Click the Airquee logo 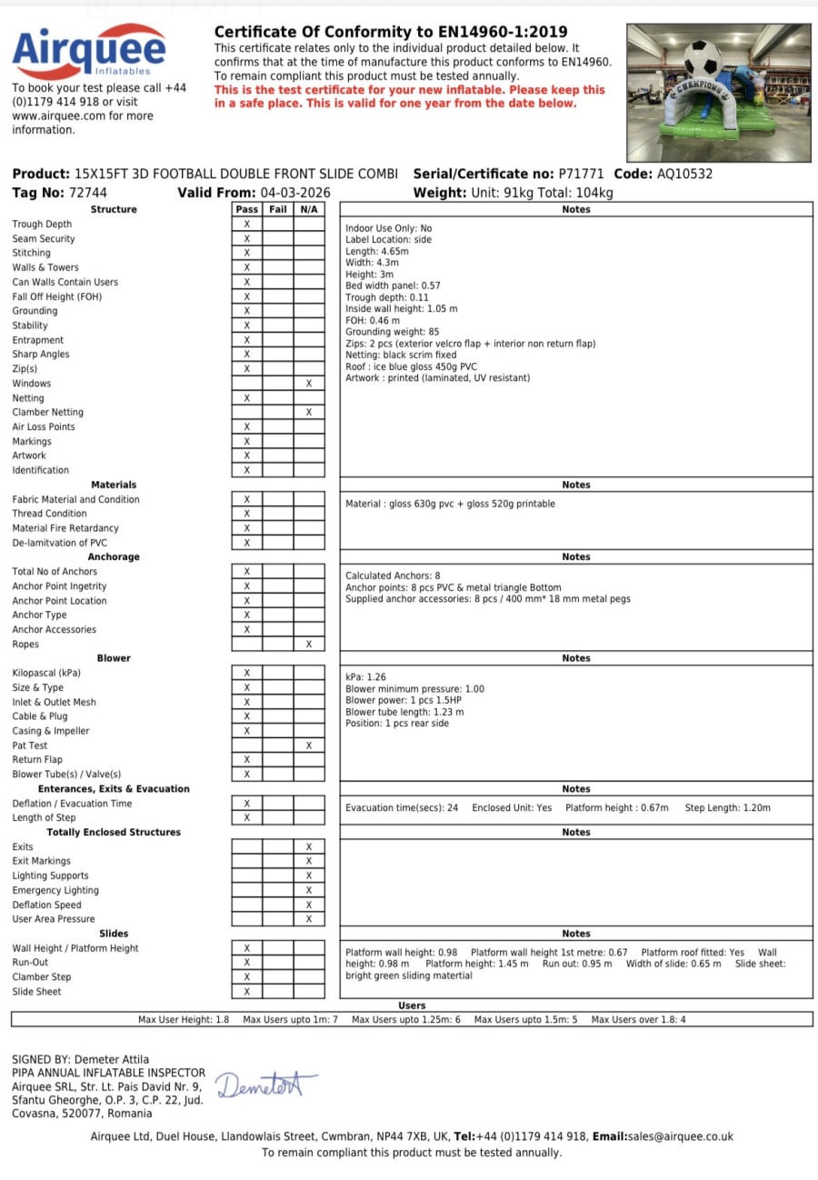tap(88, 52)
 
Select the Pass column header tap(246, 210)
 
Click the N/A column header tap(309, 210)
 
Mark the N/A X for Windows tap(309, 384)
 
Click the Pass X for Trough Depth tap(246, 224)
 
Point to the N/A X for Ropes tap(309, 645)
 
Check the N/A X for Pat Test tap(309, 745)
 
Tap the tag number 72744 tap(87, 193)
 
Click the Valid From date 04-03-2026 tap(294, 193)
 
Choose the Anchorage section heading tap(114, 557)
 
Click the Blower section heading tap(114, 658)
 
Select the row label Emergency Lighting tap(55, 891)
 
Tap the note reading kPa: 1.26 tap(366, 677)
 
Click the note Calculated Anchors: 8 tap(393, 575)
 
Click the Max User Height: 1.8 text tap(184, 1020)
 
